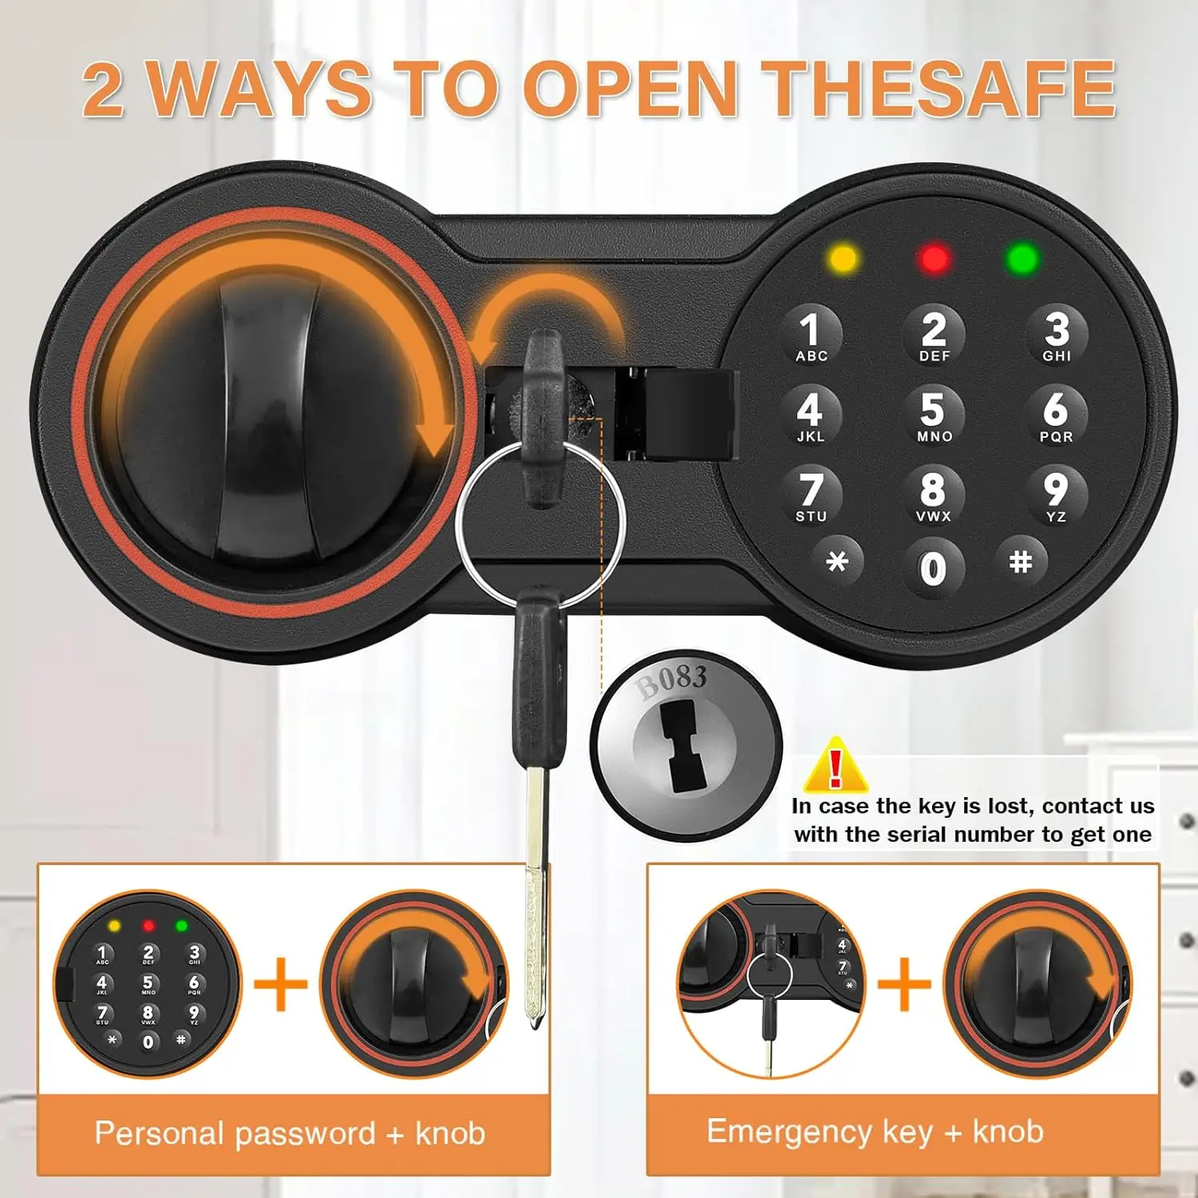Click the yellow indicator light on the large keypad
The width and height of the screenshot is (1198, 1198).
click(843, 258)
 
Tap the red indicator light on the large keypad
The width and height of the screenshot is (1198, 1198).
click(934, 258)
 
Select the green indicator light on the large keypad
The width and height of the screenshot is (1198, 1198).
click(1023, 258)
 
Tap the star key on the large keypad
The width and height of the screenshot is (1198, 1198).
click(836, 561)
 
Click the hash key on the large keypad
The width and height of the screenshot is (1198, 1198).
click(1021, 561)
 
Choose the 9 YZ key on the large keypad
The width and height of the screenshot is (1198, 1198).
click(1055, 495)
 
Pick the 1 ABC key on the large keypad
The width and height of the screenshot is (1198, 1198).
click(811, 335)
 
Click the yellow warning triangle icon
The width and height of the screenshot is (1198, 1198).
click(835, 765)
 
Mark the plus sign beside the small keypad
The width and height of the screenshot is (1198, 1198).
click(280, 984)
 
